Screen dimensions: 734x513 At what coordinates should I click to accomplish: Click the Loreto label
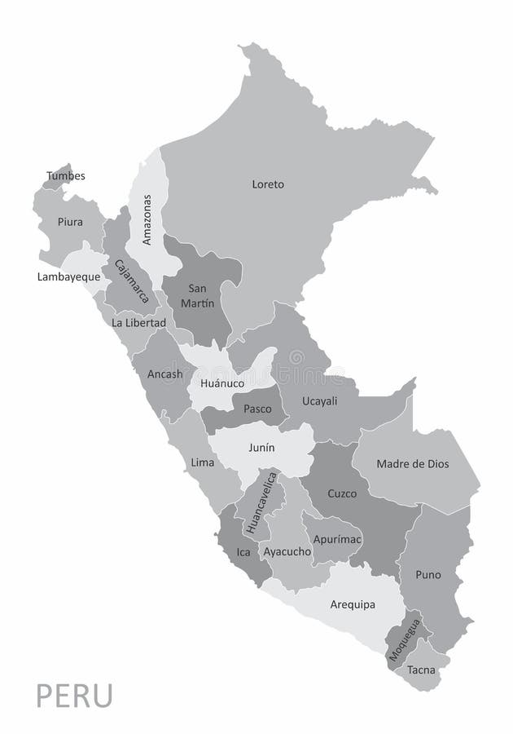(x=268, y=184)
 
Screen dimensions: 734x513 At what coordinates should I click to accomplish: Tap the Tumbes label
(x=66, y=175)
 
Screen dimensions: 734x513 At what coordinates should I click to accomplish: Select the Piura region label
(x=70, y=221)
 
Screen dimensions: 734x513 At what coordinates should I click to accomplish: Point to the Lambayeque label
(x=68, y=276)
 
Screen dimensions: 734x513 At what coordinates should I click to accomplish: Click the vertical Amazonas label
(x=147, y=219)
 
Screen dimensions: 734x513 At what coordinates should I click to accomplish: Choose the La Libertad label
(x=139, y=322)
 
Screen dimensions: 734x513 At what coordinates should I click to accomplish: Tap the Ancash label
(x=165, y=374)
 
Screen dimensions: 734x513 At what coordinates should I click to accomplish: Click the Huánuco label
(x=222, y=382)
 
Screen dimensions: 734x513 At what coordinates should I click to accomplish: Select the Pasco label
(x=257, y=408)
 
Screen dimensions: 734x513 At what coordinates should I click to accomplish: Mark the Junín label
(x=261, y=448)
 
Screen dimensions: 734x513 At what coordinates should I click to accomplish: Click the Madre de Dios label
(x=413, y=464)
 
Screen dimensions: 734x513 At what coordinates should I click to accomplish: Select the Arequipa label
(x=353, y=604)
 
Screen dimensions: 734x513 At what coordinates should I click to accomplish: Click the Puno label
(x=427, y=575)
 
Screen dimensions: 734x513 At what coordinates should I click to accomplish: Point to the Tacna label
(x=423, y=671)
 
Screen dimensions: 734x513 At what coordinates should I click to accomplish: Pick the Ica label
(x=243, y=552)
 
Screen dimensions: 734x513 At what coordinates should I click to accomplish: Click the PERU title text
(x=75, y=698)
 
